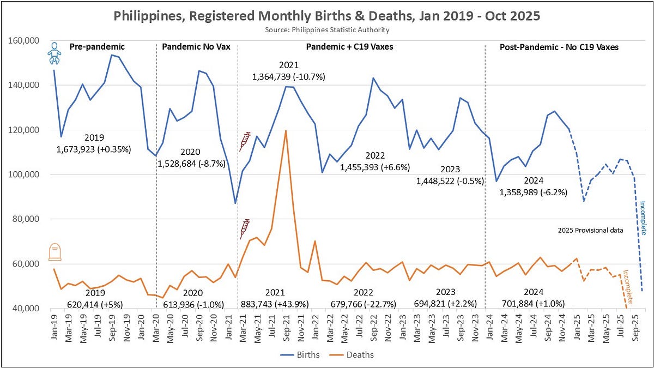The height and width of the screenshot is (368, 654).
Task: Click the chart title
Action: click(326, 16)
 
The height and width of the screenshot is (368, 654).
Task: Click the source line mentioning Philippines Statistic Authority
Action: click(327, 30)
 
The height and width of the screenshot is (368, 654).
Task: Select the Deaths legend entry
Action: click(352, 355)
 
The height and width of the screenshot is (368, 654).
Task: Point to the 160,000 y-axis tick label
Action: click(23, 40)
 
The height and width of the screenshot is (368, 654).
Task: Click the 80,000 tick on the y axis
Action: click(26, 219)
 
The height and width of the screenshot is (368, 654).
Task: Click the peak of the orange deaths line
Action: click(286, 130)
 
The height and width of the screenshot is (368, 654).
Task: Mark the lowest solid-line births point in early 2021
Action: click(235, 203)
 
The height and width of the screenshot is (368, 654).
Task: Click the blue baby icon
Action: click(55, 53)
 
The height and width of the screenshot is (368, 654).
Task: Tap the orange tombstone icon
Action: click(55, 252)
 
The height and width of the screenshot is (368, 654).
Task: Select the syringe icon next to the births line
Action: click(245, 141)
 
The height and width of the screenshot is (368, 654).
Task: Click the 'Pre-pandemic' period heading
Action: click(97, 47)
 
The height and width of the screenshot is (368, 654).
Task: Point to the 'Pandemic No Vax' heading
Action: click(196, 47)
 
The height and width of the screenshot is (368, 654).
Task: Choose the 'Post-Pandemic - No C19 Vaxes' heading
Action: click(559, 47)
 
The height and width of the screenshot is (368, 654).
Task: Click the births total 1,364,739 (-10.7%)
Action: click(288, 77)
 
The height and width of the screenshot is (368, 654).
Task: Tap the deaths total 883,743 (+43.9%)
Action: click(275, 304)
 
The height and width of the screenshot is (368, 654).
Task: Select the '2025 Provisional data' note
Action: click(591, 231)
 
